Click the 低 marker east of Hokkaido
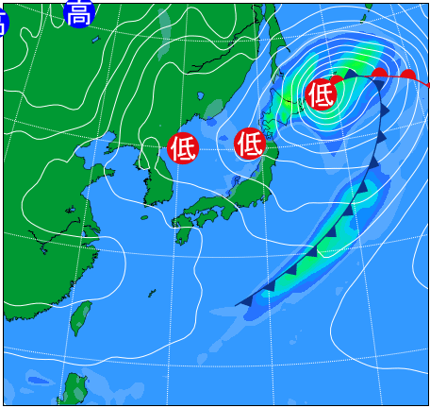pos(322,93)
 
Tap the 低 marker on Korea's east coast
pos(183,147)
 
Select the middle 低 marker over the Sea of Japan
pos(250,144)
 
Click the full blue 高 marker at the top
pos(80,13)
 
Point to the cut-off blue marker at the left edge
pos(3,21)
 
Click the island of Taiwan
pos(81,317)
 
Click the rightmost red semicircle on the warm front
pos(408,76)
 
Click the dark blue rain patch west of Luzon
pos(38,381)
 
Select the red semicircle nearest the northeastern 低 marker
pos(338,81)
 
